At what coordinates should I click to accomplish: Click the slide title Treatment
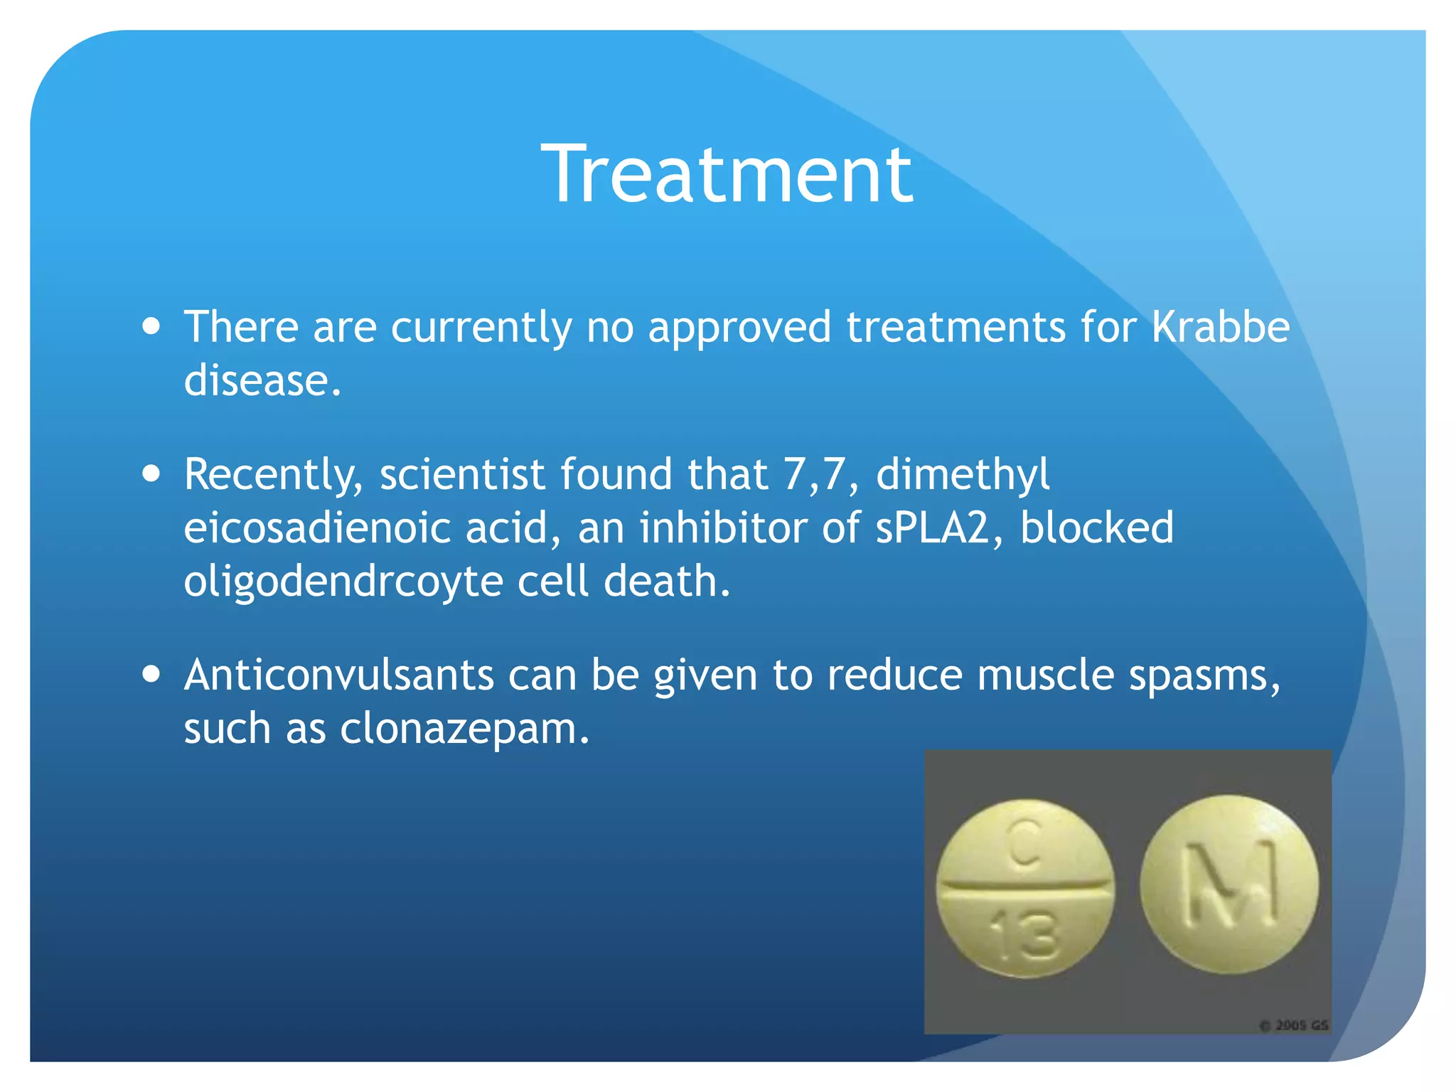click(727, 175)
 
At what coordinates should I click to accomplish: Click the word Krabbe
click(1220, 328)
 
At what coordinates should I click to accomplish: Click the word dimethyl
click(963, 476)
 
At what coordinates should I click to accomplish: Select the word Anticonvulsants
click(338, 675)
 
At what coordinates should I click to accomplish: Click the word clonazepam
click(464, 729)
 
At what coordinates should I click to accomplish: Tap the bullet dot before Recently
click(151, 473)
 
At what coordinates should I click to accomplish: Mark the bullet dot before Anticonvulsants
click(151, 673)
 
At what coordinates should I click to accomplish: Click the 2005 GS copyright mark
click(1294, 1025)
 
